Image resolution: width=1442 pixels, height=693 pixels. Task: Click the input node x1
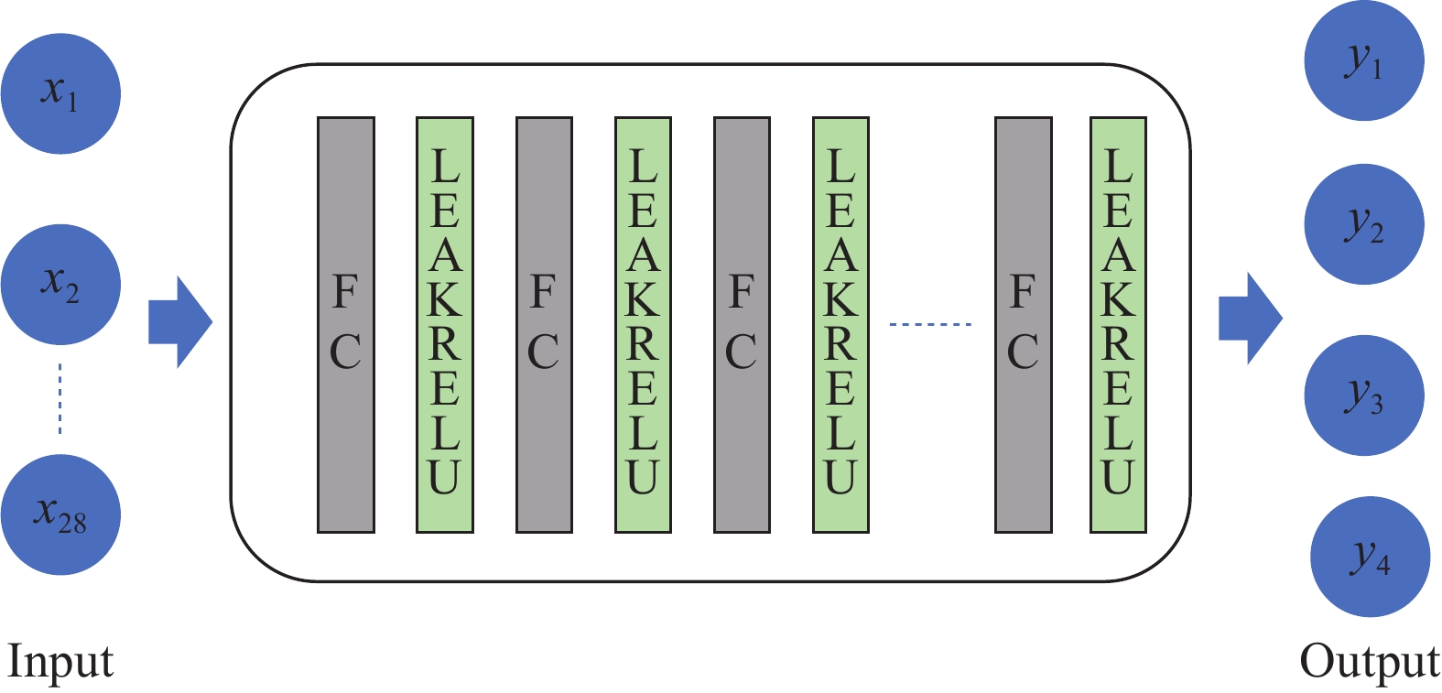tap(60, 93)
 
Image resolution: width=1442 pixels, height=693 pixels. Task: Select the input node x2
tap(60, 284)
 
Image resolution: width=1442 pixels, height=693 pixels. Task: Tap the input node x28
tap(60, 514)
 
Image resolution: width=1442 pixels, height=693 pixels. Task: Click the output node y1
tap(1363, 61)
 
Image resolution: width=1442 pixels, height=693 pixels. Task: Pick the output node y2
tap(1363, 224)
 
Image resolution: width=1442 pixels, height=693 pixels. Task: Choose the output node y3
tap(1363, 395)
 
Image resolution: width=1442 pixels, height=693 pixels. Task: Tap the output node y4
tap(1370, 557)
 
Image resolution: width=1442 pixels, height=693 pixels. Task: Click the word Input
tap(60, 661)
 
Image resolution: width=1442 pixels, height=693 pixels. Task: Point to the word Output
tap(1369, 661)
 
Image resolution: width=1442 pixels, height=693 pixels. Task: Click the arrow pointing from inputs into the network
tap(179, 322)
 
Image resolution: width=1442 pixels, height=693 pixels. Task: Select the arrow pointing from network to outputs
tap(1250, 319)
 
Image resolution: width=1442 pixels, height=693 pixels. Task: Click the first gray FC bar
tap(346, 325)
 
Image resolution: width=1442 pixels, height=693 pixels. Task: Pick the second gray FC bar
tap(544, 325)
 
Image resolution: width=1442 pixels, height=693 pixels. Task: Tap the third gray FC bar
tap(742, 325)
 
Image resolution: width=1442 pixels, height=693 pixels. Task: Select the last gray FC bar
tap(1023, 325)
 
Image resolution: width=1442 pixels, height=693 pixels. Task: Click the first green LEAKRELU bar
tap(445, 325)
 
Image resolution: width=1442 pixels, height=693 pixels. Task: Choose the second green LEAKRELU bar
tap(643, 325)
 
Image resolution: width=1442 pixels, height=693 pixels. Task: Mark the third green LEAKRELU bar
tap(840, 325)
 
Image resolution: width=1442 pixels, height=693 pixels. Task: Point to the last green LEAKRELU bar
tap(1118, 325)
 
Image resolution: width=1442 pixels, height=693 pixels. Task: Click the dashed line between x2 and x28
tap(60, 399)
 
